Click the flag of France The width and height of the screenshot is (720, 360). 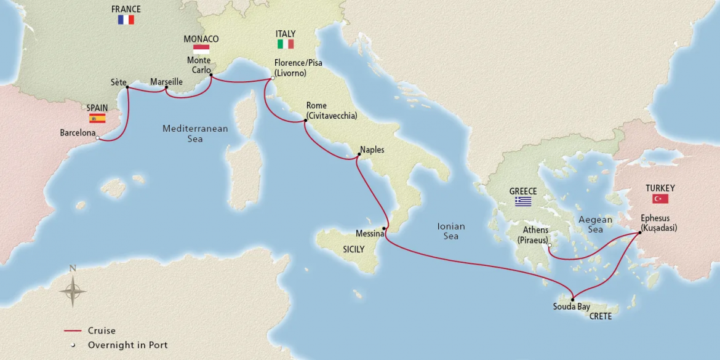tap(126, 20)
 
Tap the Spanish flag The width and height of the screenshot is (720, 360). tap(97, 118)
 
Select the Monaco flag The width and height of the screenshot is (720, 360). tap(201, 49)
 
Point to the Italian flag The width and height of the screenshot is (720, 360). tap(286, 44)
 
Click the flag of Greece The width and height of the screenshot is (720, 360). tap(523, 201)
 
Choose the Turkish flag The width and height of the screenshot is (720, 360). tap(660, 199)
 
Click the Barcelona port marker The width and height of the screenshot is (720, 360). tap(98, 138)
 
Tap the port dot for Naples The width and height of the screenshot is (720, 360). tap(359, 154)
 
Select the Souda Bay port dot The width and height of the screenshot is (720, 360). tap(572, 299)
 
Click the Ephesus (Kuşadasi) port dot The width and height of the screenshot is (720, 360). tap(640, 233)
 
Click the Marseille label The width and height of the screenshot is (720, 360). tap(166, 81)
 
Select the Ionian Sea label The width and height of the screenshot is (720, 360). tap(450, 231)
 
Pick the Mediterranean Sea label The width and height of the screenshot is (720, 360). tap(195, 134)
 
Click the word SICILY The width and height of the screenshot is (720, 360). tap(354, 249)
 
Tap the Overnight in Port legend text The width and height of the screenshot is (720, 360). tap(127, 345)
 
